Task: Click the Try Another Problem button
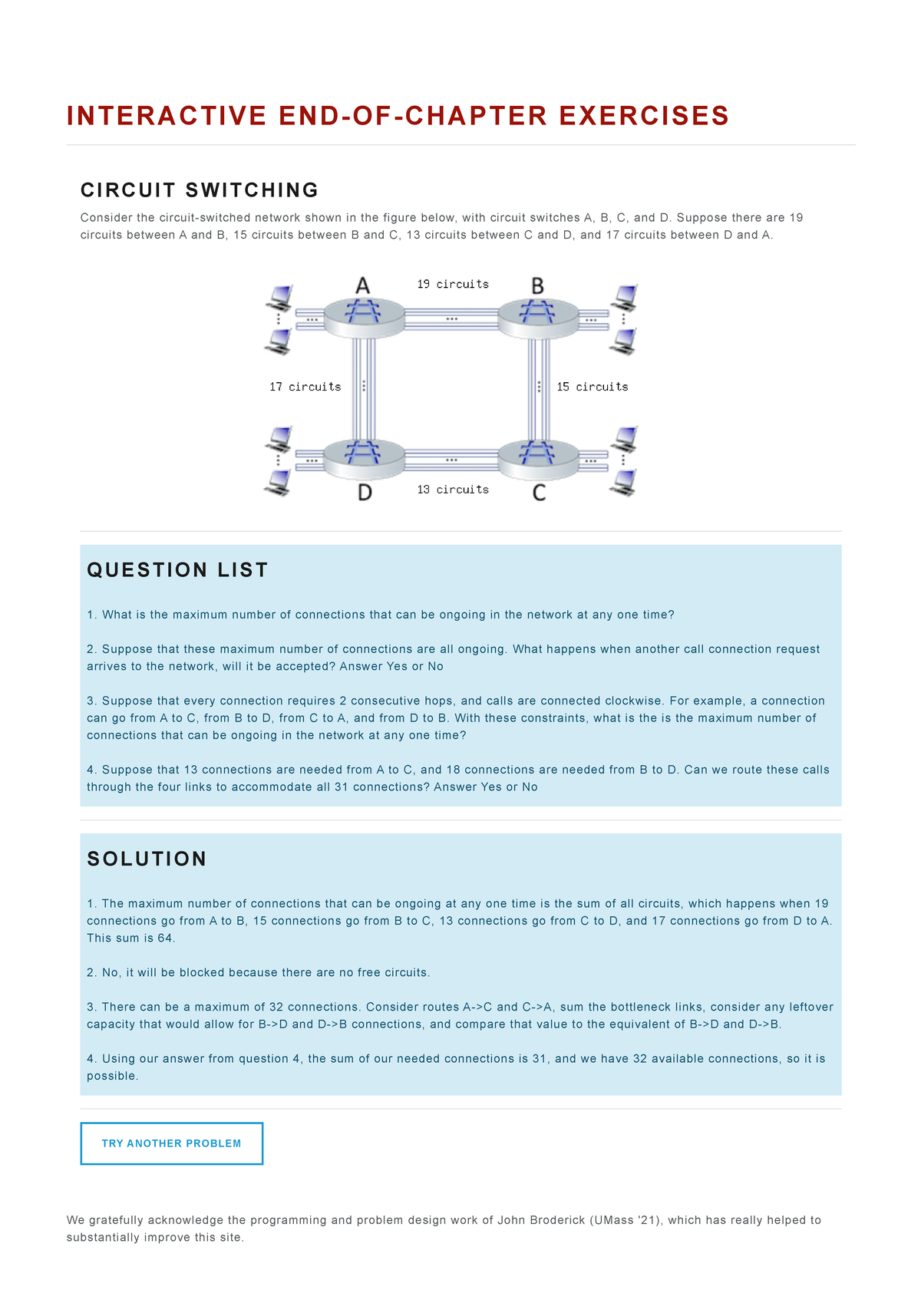coord(171,1143)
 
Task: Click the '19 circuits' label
coord(453,284)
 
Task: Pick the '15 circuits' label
coord(592,387)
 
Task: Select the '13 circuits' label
coord(453,490)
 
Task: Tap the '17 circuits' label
coord(305,387)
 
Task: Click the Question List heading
coord(177,570)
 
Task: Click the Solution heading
coord(147,859)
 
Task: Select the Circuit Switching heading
coord(200,190)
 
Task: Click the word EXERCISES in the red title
coord(644,116)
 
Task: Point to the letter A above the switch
coord(363,285)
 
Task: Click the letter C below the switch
coord(539,493)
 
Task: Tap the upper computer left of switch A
coord(279,296)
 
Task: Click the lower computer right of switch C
coord(624,483)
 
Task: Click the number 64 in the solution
coord(165,938)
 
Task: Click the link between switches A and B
coord(451,318)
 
